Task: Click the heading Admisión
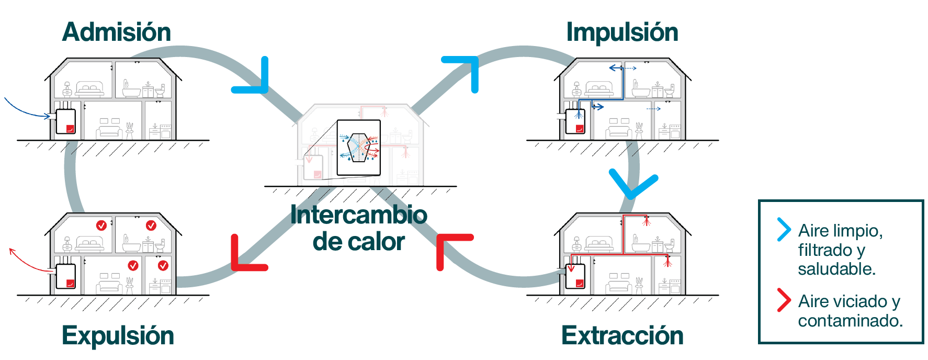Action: pos(116,32)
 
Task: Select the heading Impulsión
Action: pos(622,32)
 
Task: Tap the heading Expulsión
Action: pos(118,335)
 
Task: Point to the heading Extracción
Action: pos(622,335)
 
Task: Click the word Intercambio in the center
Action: pos(359,215)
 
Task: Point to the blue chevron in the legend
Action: pos(783,229)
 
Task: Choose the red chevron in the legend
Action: pos(783,300)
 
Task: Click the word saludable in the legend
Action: pos(836,269)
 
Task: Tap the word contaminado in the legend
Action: pos(850,320)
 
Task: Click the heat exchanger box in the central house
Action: pos(358,148)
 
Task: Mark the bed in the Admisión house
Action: pos(90,89)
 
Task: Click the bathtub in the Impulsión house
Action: pos(640,91)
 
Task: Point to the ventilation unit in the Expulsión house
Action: pos(66,276)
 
